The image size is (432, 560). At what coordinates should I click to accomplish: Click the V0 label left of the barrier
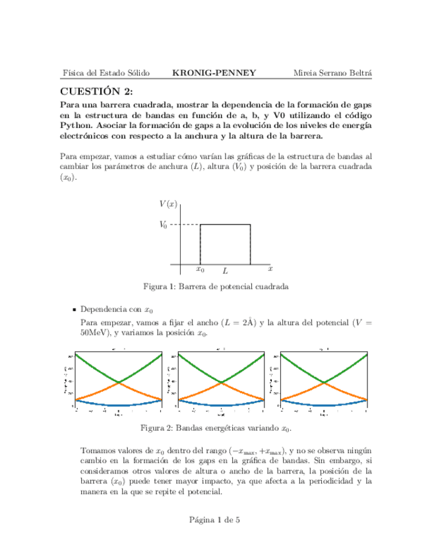coord(164,225)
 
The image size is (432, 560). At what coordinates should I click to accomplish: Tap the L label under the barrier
coord(225,271)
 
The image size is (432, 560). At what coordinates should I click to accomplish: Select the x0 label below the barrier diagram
coord(200,269)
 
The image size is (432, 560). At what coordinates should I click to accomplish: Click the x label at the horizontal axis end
coord(270,269)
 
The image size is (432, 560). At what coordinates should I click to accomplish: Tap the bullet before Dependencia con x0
coord(74,309)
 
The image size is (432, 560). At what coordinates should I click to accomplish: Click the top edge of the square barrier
coord(225,225)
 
